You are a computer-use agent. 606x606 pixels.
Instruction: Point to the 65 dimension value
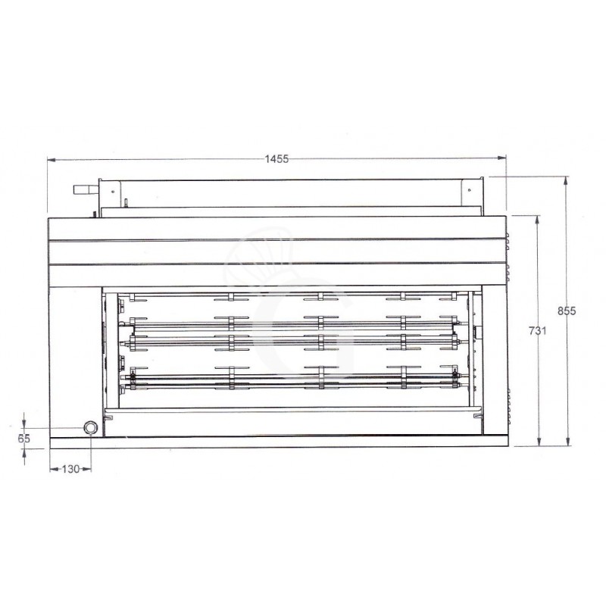[x=23, y=438]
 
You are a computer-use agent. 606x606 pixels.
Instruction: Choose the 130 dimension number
[x=69, y=470]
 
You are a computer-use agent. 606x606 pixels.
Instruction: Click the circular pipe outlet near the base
[x=91, y=428]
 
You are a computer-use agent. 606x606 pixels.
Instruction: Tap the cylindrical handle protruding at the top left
[x=84, y=189]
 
